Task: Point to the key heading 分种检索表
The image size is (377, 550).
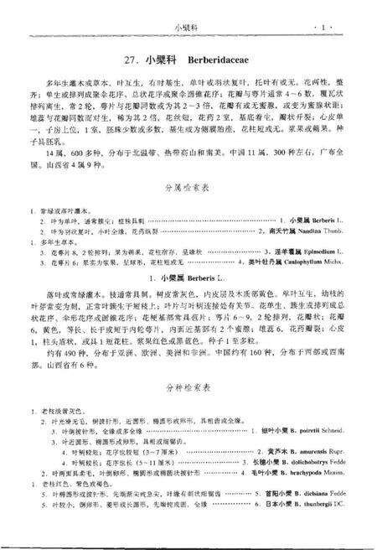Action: click(x=189, y=388)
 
